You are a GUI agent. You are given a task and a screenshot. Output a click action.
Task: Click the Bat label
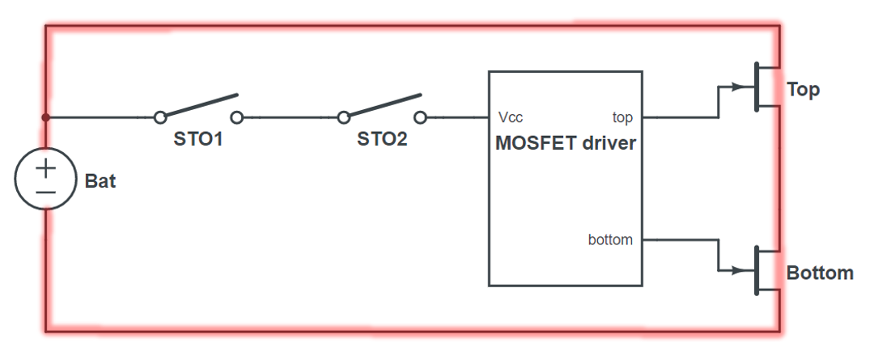click(100, 181)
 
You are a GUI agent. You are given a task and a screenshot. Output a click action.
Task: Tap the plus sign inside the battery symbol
click(46, 168)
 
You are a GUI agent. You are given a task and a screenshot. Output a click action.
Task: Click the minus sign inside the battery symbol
click(46, 193)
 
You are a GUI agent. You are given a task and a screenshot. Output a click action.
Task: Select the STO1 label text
click(198, 139)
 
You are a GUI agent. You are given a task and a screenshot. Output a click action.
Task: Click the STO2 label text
click(382, 139)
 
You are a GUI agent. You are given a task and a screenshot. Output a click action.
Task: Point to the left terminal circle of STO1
click(160, 117)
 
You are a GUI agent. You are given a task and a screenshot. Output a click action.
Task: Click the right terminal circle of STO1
click(237, 117)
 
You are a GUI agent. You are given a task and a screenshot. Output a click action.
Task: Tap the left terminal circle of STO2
click(344, 117)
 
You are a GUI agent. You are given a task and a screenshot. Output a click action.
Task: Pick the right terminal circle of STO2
click(419, 117)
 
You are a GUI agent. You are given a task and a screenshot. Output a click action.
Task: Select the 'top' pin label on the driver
click(622, 118)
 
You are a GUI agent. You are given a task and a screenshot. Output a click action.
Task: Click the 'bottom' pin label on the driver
click(610, 239)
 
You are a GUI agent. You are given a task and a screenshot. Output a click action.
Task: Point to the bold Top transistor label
click(804, 90)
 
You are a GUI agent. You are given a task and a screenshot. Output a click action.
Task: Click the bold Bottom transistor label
click(820, 273)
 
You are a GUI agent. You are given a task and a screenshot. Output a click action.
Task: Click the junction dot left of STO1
click(46, 117)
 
